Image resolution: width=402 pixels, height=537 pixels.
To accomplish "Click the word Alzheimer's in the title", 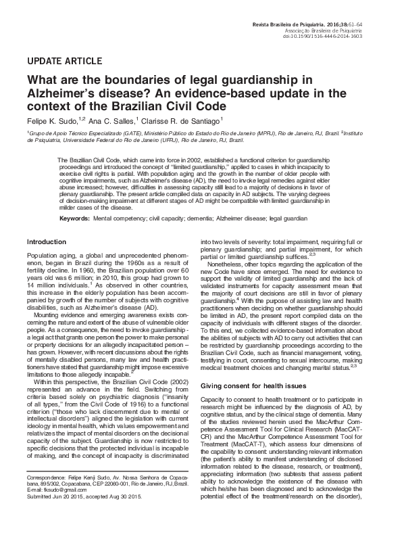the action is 55,93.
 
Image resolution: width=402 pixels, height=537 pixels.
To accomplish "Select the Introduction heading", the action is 46,241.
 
